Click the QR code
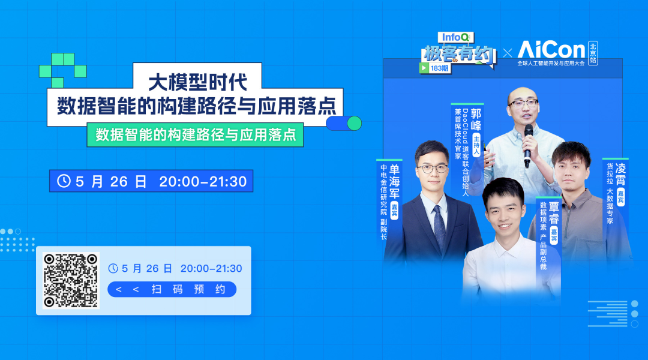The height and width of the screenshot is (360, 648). (71, 281)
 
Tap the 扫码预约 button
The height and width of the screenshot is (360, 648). (172, 289)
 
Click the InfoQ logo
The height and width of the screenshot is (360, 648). (455, 38)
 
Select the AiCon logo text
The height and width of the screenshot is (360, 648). (551, 50)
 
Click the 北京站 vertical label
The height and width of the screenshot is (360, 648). (593, 53)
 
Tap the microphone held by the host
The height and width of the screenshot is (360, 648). (528, 145)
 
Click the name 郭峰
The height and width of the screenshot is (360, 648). (476, 119)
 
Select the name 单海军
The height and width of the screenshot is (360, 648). (394, 181)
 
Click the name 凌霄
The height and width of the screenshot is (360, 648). (620, 174)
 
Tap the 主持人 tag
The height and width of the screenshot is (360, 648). (476, 145)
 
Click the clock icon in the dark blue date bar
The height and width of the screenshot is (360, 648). (64, 181)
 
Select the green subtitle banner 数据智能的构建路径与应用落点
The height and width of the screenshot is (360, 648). (195, 135)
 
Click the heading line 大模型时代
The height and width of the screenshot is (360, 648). (197, 82)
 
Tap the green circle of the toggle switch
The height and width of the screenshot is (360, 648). (354, 123)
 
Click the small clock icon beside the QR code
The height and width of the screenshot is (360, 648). (113, 268)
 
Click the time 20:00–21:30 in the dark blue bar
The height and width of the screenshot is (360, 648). (203, 181)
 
